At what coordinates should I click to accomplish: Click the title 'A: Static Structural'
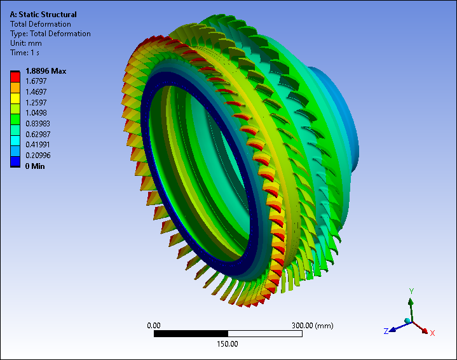click(x=43, y=15)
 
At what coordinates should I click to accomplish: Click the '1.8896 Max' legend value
click(x=46, y=71)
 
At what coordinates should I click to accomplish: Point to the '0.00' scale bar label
click(x=154, y=325)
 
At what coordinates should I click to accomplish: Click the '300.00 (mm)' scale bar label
click(x=312, y=325)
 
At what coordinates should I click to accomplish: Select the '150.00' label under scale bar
click(x=228, y=344)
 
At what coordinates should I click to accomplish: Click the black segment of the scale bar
click(x=191, y=333)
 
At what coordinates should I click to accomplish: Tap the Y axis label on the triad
click(x=412, y=291)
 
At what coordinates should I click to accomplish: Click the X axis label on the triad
click(x=432, y=333)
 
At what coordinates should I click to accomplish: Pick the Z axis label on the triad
click(x=386, y=331)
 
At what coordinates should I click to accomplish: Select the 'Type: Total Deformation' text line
click(x=50, y=34)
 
